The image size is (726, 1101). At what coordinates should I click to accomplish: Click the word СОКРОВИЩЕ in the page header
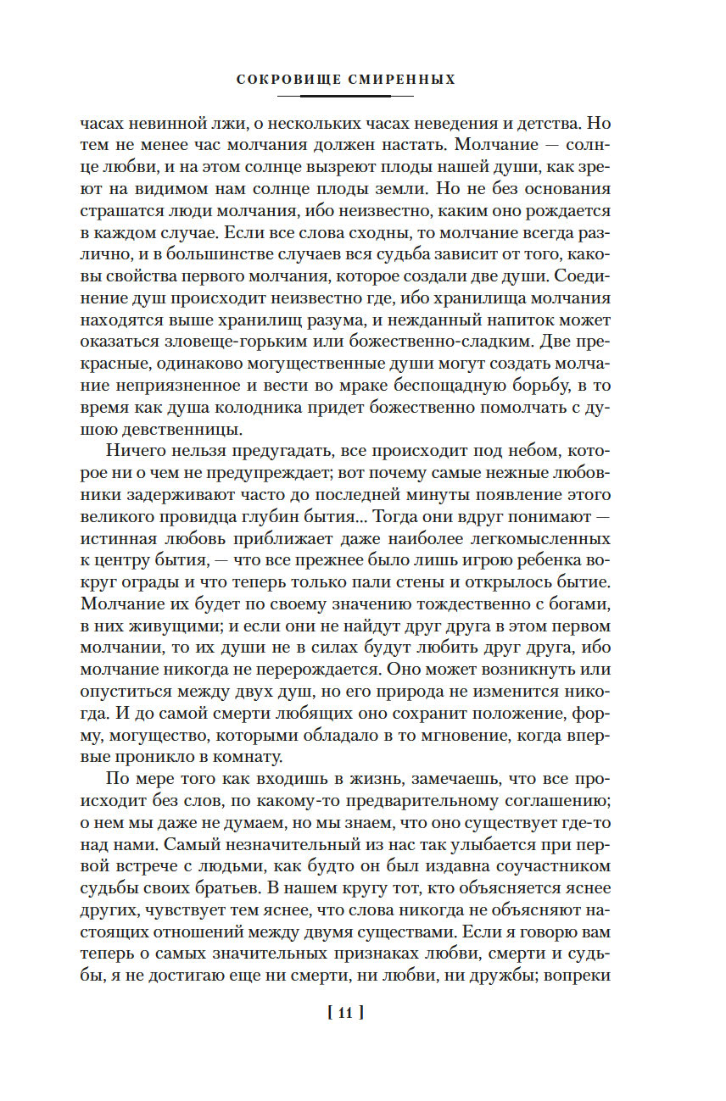(x=288, y=80)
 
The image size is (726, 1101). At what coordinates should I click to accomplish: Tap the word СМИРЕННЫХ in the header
(x=402, y=80)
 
